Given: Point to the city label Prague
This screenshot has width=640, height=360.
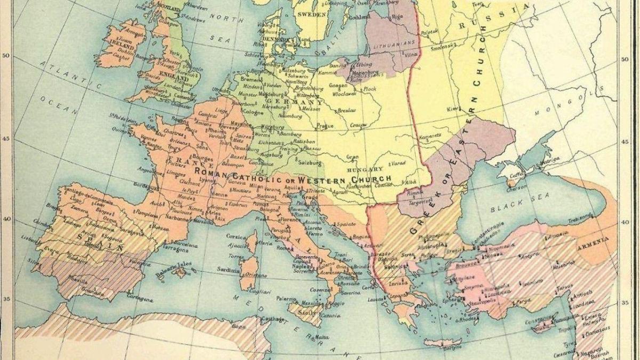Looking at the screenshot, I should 325,126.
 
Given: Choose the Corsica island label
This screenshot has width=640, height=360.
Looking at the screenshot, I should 237,236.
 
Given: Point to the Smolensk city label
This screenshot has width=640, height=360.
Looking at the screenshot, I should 444,47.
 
